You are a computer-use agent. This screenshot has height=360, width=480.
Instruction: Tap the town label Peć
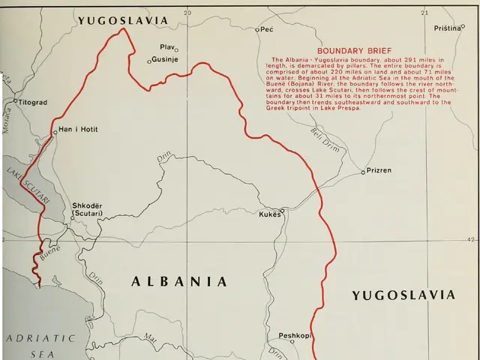pyautogui.click(x=267, y=29)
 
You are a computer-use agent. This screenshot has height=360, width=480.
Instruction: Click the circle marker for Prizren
pyautogui.click(x=363, y=171)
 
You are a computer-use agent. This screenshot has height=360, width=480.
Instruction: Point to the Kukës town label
pyautogui.click(x=270, y=214)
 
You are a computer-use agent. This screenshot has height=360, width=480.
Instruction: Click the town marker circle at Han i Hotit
pyautogui.click(x=55, y=131)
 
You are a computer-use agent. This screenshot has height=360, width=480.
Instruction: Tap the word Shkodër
pyautogui.click(x=86, y=205)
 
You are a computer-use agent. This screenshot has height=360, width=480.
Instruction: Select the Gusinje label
pyautogui.click(x=165, y=60)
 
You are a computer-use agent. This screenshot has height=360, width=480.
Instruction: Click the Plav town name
pyautogui.click(x=166, y=47)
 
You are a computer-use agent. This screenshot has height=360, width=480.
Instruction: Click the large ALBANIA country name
pyautogui.click(x=179, y=282)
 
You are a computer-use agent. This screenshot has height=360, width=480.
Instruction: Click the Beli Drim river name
pyautogui.click(x=326, y=139)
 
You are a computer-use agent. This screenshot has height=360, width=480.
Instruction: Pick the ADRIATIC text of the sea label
pyautogui.click(x=40, y=338)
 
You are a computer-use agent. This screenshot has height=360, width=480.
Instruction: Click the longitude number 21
pyautogui.click(x=424, y=13)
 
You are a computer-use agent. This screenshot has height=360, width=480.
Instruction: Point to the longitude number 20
pyautogui.click(x=187, y=13)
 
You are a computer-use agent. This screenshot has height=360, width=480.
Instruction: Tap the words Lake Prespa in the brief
pyautogui.click(x=343, y=107)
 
